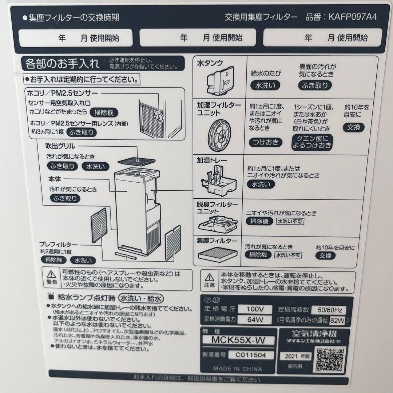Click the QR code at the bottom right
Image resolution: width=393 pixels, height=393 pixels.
[x=330, y=359]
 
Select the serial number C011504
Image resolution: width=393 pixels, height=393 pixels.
[x=250, y=355]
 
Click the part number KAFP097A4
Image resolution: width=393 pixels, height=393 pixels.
[x=352, y=17]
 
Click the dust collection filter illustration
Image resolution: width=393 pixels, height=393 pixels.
[x=217, y=253]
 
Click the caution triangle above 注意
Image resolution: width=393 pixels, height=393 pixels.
[x=209, y=277]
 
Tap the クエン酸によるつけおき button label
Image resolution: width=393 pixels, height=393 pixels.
[x=312, y=142]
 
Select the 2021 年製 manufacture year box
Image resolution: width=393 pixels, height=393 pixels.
[x=295, y=356]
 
